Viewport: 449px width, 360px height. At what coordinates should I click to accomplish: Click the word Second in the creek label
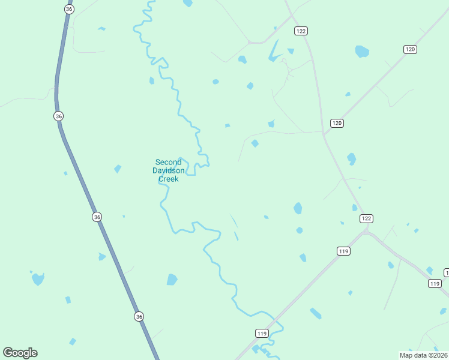(x=168, y=162)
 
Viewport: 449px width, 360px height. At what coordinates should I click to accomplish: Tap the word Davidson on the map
(x=168, y=170)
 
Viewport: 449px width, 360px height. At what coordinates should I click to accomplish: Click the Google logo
(x=20, y=353)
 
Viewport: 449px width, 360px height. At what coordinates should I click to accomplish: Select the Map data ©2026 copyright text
(x=423, y=355)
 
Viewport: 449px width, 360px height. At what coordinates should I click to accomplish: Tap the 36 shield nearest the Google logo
(x=139, y=316)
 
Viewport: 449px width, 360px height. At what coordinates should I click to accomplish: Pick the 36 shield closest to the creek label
(x=97, y=217)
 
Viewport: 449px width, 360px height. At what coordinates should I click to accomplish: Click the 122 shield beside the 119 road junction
(x=367, y=218)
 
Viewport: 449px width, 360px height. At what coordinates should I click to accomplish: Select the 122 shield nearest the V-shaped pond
(x=301, y=31)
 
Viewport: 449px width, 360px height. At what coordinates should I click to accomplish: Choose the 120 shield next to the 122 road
(x=337, y=123)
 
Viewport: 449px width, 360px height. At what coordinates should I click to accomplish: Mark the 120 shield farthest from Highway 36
(x=410, y=49)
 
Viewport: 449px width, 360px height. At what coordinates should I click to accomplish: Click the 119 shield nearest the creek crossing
(x=261, y=333)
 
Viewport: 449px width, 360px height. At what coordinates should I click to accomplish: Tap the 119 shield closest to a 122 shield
(x=343, y=251)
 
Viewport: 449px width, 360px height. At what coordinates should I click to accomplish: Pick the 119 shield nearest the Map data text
(x=435, y=283)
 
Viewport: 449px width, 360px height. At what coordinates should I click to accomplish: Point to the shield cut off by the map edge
(x=446, y=272)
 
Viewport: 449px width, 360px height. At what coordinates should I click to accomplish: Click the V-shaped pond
(x=275, y=52)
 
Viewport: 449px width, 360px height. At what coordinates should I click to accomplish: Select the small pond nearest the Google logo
(x=73, y=341)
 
